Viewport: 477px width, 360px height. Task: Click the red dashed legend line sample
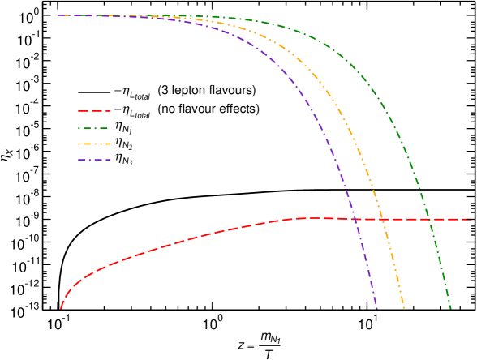(94, 111)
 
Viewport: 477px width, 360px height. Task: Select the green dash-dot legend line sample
(93, 128)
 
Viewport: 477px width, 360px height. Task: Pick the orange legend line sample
(94, 144)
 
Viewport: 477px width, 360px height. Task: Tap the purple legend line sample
(94, 160)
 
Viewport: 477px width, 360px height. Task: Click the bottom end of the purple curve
(376, 308)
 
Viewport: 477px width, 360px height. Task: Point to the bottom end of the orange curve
(403, 308)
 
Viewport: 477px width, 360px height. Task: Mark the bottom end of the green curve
(450, 308)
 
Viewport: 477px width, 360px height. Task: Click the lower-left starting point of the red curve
(61, 308)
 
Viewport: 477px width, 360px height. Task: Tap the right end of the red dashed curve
(471, 220)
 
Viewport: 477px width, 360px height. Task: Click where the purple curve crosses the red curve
(355, 219)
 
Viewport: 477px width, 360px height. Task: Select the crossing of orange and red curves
(381, 219)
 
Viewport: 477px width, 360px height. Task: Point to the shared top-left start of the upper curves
(58, 15)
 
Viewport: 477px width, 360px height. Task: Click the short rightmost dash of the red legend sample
(107, 111)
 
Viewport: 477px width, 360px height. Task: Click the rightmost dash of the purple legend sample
(105, 160)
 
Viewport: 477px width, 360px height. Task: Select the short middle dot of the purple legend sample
(94, 160)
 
